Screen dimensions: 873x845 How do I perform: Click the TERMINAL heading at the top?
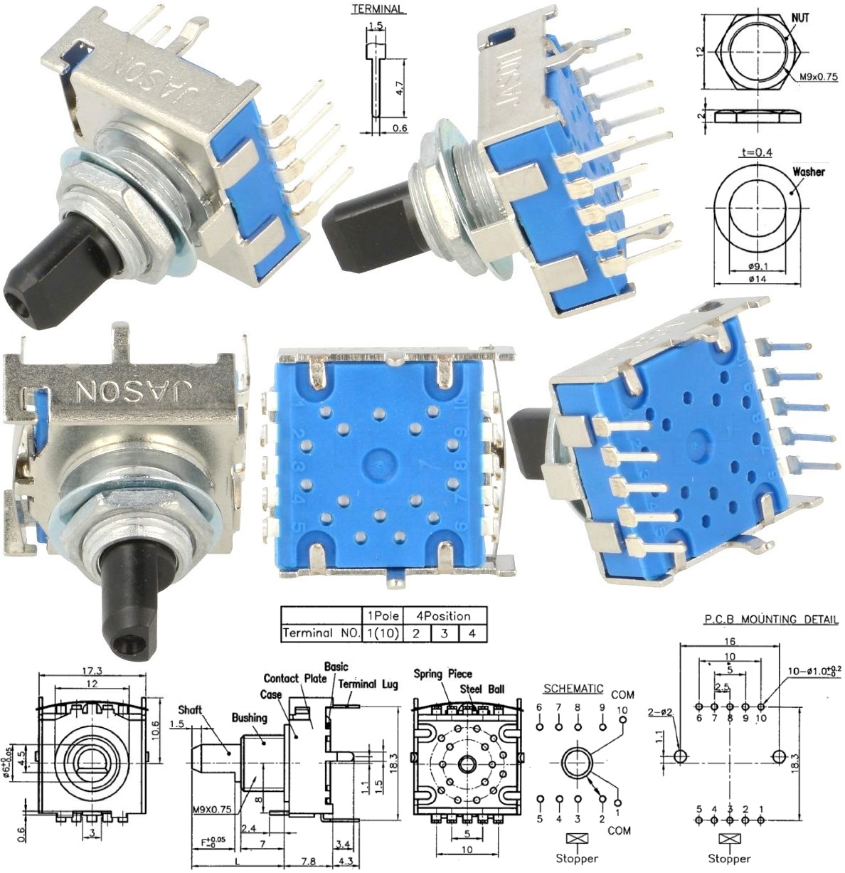click(x=378, y=9)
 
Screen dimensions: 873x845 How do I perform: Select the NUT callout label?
click(x=800, y=18)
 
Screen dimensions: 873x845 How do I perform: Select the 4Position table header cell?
click(x=443, y=615)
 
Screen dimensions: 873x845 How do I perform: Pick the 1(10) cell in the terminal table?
click(x=382, y=633)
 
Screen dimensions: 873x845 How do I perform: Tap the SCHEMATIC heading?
click(x=573, y=689)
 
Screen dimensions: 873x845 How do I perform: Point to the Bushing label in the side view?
click(x=249, y=718)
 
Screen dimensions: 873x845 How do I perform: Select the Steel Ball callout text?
click(x=482, y=689)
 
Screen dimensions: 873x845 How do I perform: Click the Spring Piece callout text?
click(x=442, y=674)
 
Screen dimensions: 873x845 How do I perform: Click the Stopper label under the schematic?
click(x=577, y=859)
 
